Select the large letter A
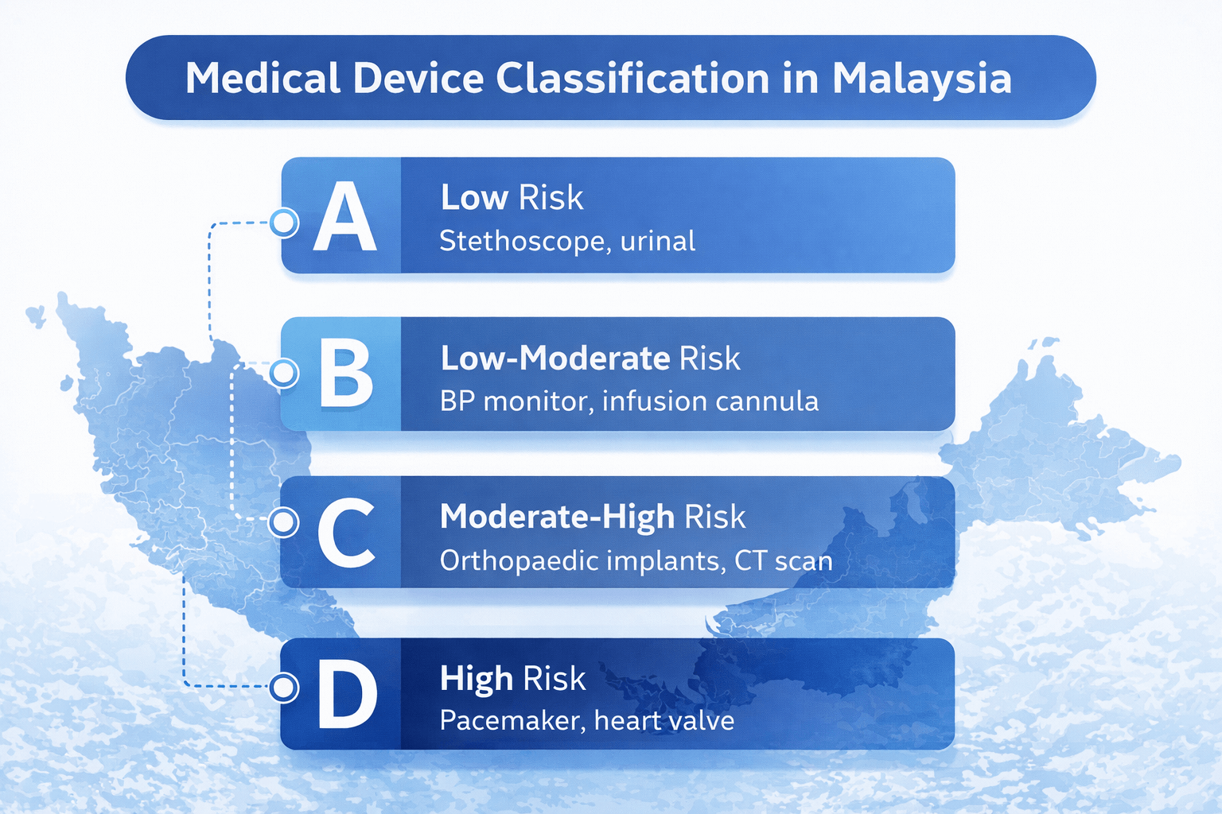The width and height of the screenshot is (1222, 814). (x=344, y=216)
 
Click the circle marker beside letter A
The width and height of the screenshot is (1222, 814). (x=284, y=223)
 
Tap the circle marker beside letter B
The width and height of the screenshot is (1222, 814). (x=284, y=374)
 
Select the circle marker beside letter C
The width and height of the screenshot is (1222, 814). (x=284, y=522)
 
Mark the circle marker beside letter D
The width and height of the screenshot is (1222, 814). (x=284, y=688)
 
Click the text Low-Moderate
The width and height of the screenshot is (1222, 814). (x=555, y=359)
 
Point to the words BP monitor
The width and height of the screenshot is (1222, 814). (x=514, y=401)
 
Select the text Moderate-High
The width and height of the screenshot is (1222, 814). (x=557, y=517)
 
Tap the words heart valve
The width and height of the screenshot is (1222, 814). (x=664, y=720)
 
